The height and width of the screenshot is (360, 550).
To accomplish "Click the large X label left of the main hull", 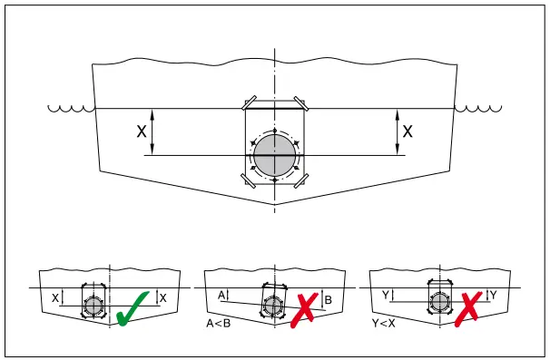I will tap(142, 131).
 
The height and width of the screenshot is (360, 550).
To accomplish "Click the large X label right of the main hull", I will tap(408, 131).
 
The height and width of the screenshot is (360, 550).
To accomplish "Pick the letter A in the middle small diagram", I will tap(221, 295).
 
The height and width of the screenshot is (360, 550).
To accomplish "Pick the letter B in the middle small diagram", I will tap(329, 298).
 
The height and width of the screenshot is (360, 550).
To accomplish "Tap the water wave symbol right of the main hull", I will tap(477, 110).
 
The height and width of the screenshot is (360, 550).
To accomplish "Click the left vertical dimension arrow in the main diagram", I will tap(153, 131).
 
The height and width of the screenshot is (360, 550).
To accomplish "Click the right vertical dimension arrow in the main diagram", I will tap(397, 131).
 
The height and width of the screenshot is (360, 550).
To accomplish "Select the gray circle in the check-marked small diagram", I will tap(93, 305).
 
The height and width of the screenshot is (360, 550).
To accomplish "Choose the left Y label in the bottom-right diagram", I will tap(385, 296).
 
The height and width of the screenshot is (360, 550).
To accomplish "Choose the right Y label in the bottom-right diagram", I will tap(493, 296).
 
